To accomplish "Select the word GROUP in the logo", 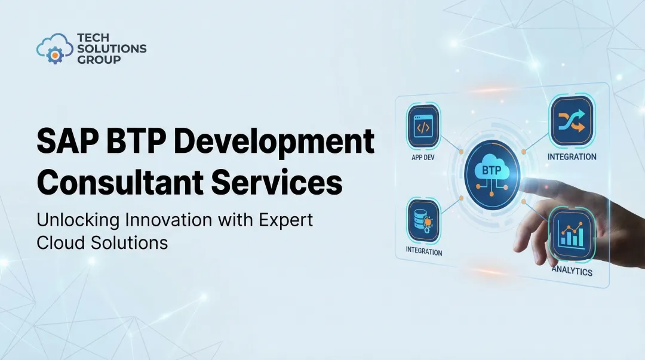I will (x=99, y=60).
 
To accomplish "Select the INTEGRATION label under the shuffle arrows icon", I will (x=572, y=157).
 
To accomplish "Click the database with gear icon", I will (x=423, y=219).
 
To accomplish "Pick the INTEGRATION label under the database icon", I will (x=424, y=251).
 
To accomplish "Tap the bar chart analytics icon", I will (x=571, y=231).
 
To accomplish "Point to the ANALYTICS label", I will (x=572, y=270).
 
